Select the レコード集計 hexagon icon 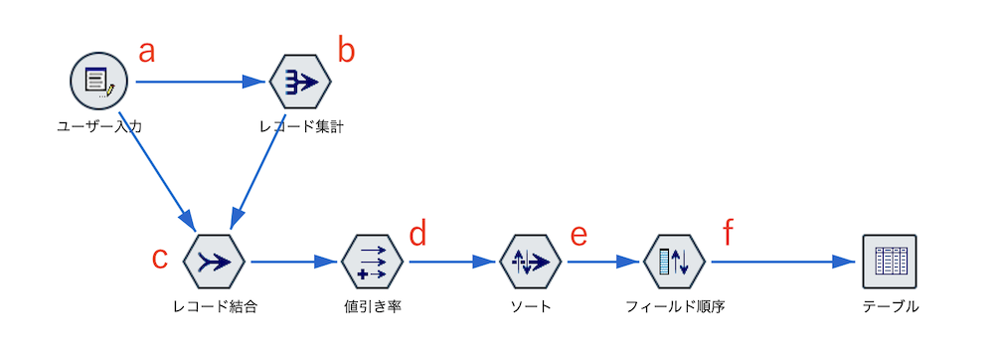[x=299, y=82]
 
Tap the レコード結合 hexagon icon [x=215, y=262]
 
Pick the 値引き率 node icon [x=372, y=262]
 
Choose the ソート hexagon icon [x=531, y=262]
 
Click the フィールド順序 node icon [x=675, y=262]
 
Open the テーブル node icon [x=890, y=262]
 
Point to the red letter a [x=146, y=53]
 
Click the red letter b [x=346, y=51]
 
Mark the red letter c [x=159, y=257]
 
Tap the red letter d [x=417, y=236]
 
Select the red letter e [x=579, y=237]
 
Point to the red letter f [x=729, y=235]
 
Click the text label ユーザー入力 [x=99, y=126]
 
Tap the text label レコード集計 [x=300, y=126]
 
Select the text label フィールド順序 [x=675, y=306]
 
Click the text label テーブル [x=891, y=306]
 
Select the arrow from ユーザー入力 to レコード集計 [x=199, y=83]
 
